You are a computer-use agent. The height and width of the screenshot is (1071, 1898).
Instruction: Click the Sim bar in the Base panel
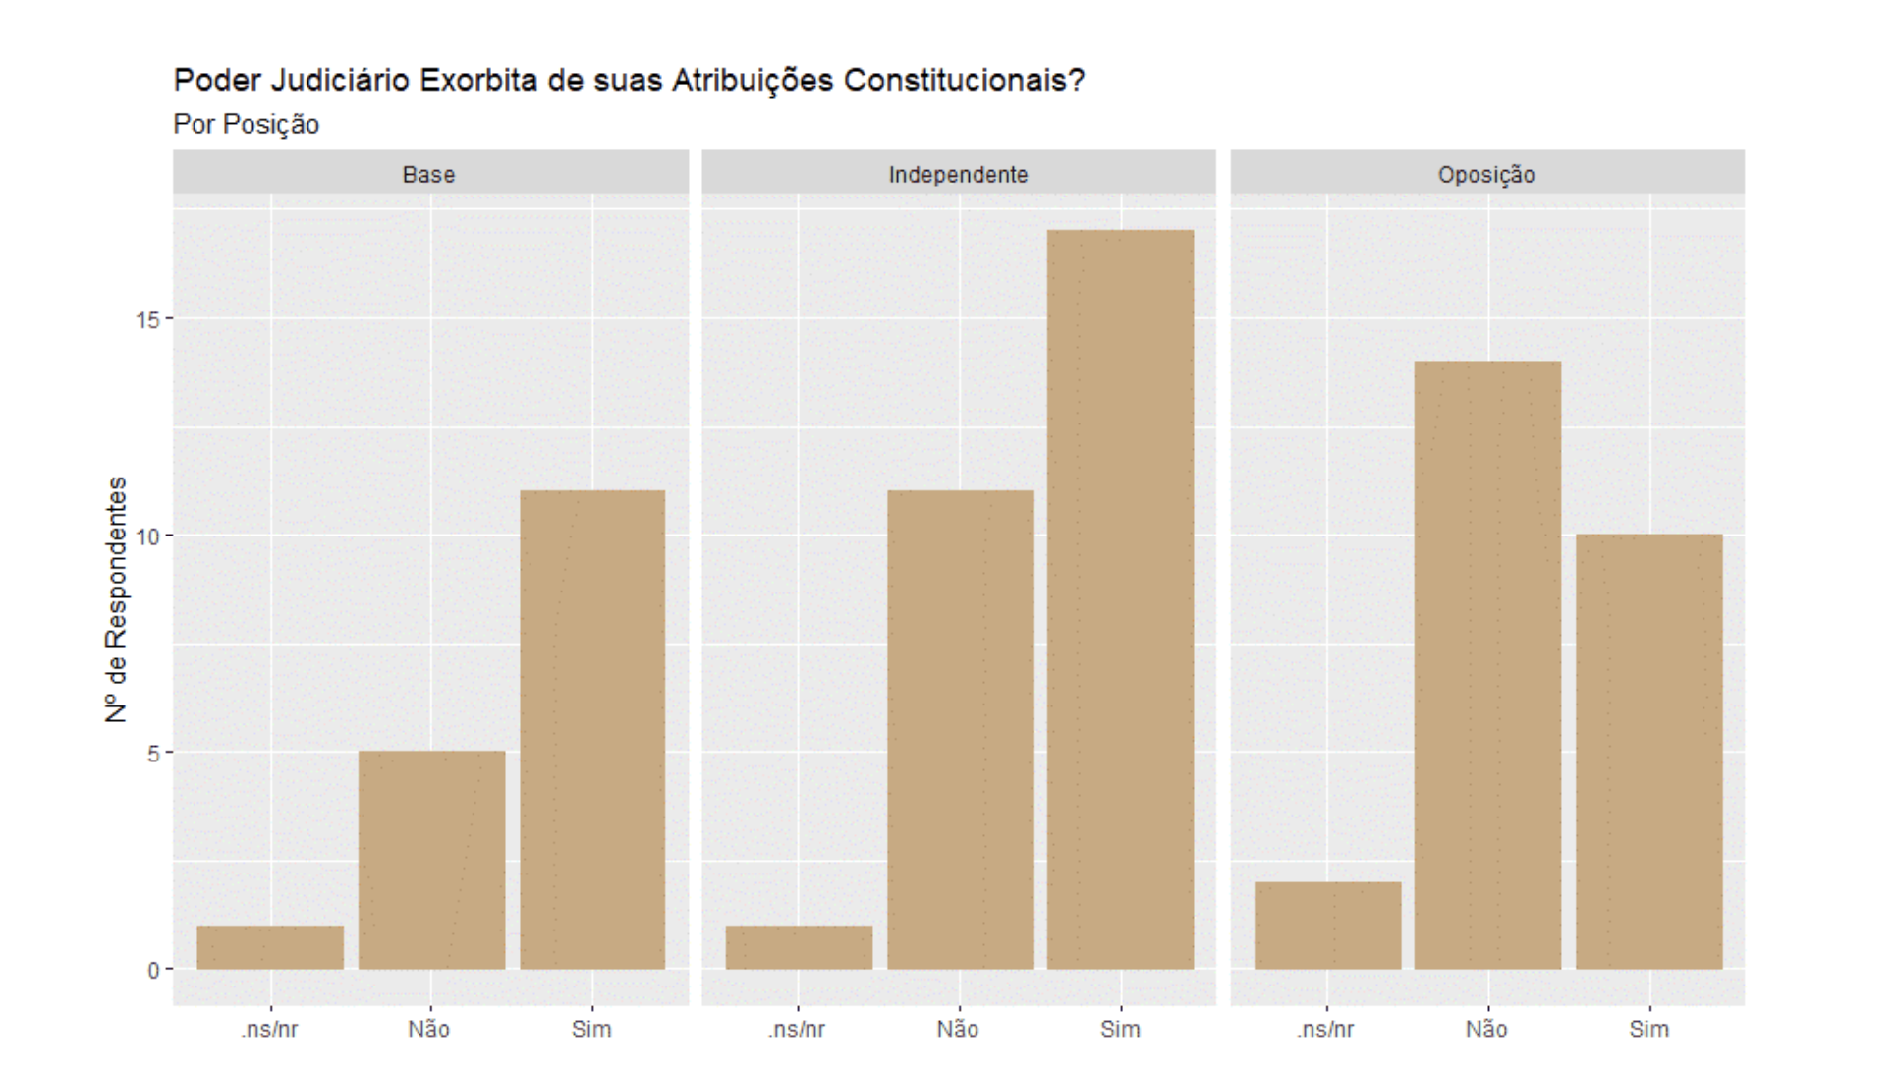592,729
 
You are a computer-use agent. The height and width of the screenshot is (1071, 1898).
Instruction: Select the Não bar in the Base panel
431,860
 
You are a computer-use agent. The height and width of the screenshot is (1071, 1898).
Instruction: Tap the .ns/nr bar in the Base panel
270,947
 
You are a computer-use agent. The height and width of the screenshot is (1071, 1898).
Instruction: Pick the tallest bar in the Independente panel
1120,599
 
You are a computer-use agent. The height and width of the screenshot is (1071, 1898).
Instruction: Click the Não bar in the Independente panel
960,729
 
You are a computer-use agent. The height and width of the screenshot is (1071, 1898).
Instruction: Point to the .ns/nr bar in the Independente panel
799,947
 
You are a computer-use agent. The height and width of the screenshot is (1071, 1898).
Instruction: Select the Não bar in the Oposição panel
1487,665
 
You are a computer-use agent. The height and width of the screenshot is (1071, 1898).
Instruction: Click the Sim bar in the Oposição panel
1648,752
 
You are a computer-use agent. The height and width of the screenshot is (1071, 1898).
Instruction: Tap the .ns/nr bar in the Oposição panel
1327,926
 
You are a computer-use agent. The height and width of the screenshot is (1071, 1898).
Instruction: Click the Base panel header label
429,175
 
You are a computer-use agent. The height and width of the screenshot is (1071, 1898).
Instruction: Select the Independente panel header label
958,175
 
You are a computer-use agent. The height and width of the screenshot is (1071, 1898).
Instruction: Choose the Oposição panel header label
1486,175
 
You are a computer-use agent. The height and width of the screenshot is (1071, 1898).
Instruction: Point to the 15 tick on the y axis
147,319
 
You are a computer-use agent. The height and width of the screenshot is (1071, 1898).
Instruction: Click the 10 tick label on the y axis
147,536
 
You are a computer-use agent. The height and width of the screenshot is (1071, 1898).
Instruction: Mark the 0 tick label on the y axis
153,971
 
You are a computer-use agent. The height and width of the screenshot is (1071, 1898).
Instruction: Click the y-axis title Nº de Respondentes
116,599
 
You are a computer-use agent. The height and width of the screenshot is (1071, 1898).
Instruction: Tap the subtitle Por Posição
246,125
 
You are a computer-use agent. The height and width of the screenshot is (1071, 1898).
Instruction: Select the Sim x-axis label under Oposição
1648,1029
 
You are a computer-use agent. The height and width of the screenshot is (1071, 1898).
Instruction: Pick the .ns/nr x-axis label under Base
269,1029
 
